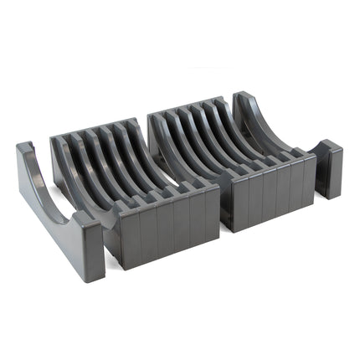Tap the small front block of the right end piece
click(328, 167)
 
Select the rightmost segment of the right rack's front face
click(307, 176)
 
